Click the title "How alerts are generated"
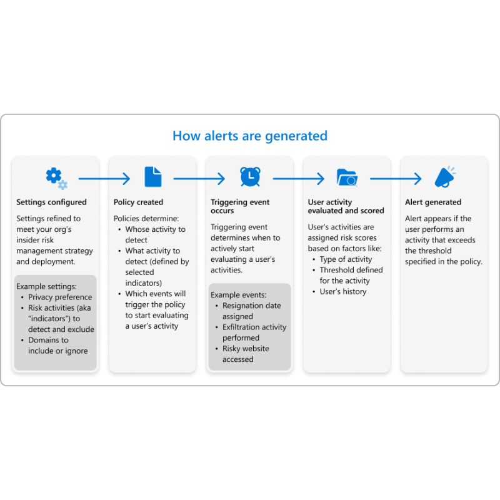click(250, 136)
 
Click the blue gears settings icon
click(57, 178)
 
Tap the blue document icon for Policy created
click(153, 177)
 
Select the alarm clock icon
click(251, 176)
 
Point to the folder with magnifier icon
click(347, 177)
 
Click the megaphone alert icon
click(445, 177)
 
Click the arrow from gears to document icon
click(104, 179)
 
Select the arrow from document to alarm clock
click(199, 179)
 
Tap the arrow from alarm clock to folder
click(299, 179)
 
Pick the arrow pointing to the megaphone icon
click(396, 179)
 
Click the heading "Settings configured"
click(51, 202)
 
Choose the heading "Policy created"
click(138, 202)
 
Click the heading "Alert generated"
click(433, 202)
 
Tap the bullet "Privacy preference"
click(60, 297)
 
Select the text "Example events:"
click(239, 295)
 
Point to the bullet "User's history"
click(343, 291)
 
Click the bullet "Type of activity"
click(346, 259)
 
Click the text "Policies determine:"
click(146, 218)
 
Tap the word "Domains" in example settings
click(48, 340)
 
